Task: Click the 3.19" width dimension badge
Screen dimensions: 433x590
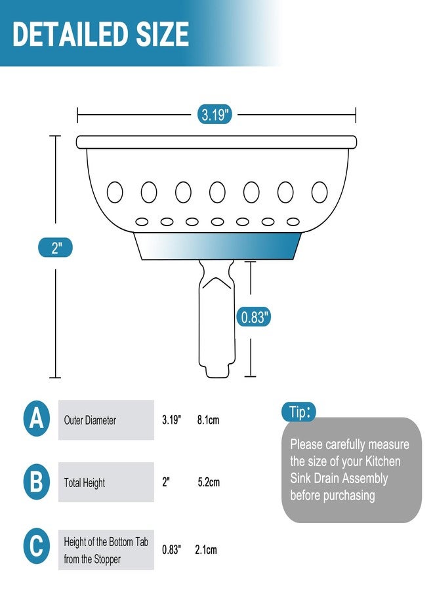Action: click(x=215, y=114)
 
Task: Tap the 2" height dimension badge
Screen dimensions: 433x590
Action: click(x=55, y=248)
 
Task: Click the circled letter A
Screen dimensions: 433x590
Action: click(x=37, y=418)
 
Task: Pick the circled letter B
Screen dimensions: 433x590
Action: click(x=37, y=482)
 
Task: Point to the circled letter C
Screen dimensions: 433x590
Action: click(x=37, y=546)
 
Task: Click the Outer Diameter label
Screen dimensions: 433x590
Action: click(x=90, y=420)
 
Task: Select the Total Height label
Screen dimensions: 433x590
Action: click(x=85, y=482)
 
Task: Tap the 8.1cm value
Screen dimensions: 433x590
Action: click(x=208, y=420)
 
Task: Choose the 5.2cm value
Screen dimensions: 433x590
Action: click(x=209, y=482)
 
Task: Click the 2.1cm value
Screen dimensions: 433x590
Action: click(x=206, y=550)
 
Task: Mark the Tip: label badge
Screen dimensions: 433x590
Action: click(x=299, y=412)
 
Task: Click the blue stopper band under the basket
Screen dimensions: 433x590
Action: click(x=218, y=246)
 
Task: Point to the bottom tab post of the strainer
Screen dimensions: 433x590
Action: click(x=216, y=319)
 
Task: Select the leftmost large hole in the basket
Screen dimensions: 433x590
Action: click(x=115, y=192)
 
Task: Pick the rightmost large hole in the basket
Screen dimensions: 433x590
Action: click(x=320, y=192)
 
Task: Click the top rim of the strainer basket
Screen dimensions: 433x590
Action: click(x=216, y=142)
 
